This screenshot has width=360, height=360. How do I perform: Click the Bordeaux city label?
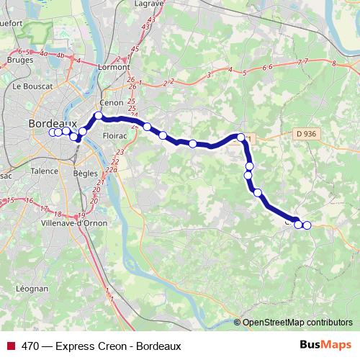[52, 123]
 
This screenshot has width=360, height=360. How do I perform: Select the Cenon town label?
[113, 103]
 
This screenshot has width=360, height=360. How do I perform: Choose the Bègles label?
[86, 174]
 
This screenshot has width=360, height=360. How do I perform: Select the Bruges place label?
[19, 60]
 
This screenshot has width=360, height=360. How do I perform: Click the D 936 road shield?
[306, 133]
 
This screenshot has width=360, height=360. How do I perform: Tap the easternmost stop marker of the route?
[307, 225]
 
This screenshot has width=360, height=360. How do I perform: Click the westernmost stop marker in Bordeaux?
[52, 132]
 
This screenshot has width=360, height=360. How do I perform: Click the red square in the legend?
[10, 346]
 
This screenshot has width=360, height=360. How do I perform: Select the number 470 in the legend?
[30, 346]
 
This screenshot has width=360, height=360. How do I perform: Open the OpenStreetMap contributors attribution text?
[298, 323]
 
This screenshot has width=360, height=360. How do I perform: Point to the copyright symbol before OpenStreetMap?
[238, 323]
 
